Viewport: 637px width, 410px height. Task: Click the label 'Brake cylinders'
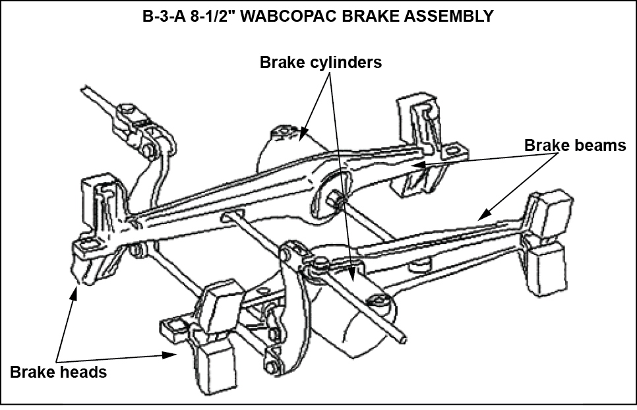pyautogui.click(x=320, y=63)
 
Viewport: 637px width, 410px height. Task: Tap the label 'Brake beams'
pyautogui.click(x=575, y=146)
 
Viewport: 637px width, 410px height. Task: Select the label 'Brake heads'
pyautogui.click(x=58, y=372)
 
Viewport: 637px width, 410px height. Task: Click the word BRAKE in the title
pyautogui.click(x=381, y=16)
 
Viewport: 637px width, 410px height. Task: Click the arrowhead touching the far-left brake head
pyautogui.click(x=75, y=290)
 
